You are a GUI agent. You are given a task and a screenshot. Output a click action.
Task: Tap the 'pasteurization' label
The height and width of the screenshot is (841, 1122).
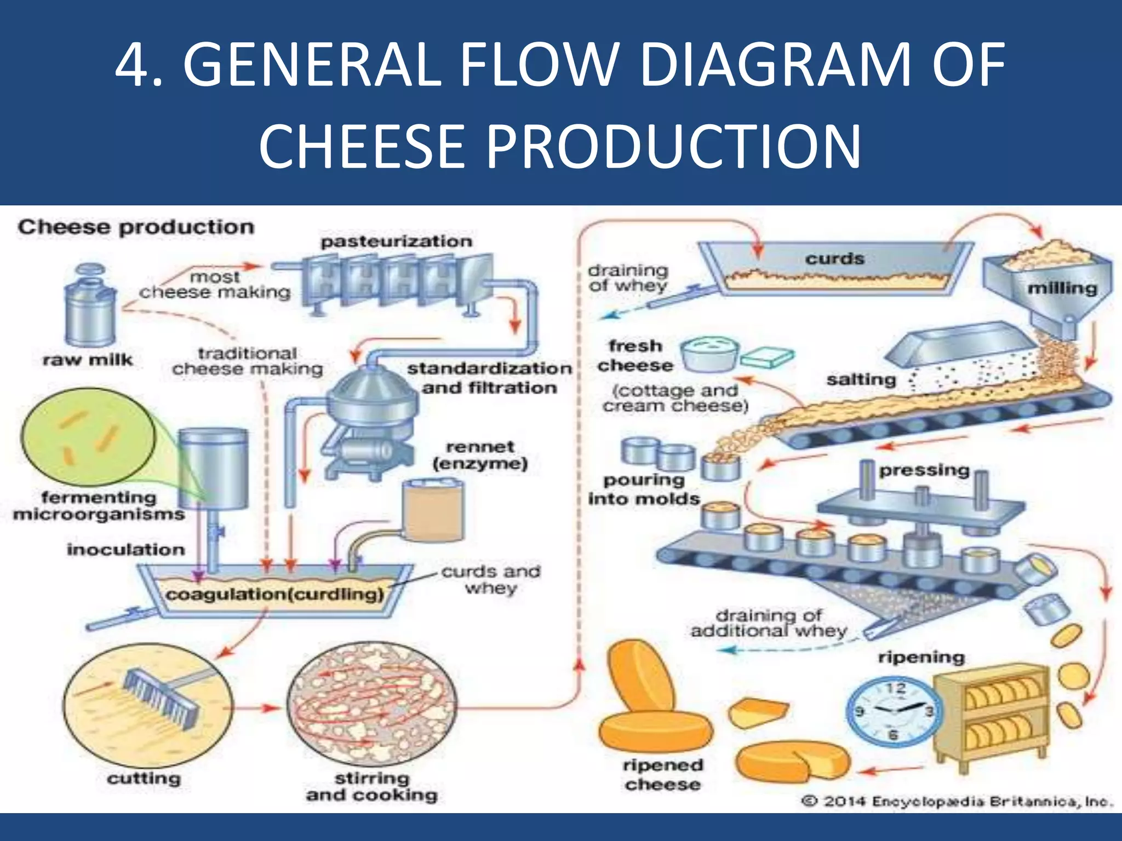pos(396,241)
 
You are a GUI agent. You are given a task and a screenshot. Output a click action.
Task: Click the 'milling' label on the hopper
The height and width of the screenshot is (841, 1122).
pos(1062,289)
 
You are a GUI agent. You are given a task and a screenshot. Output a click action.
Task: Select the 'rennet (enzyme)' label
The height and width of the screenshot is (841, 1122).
pos(480,456)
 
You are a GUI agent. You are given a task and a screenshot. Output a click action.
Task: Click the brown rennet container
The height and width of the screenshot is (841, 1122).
pos(433,510)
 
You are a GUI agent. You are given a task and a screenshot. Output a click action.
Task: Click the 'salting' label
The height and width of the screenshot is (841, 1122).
pos(861,379)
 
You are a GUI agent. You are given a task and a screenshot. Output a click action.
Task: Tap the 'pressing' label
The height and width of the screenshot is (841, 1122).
pos(924,470)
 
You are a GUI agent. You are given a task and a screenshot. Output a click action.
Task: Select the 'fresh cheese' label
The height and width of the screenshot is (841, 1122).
pos(635,356)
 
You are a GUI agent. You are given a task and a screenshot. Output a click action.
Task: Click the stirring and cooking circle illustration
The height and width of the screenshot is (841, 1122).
pos(371,706)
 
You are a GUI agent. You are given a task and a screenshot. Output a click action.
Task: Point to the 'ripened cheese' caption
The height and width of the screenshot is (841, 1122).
pos(662,775)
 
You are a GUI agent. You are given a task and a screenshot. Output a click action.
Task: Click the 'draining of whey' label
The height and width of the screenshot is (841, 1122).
pos(628,278)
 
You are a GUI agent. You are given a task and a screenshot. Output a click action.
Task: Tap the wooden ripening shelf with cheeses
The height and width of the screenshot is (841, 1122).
pos(992,715)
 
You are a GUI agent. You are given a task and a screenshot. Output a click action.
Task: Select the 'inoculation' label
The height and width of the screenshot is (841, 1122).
pos(126,549)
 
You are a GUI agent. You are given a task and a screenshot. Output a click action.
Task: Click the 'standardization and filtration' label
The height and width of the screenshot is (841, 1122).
pos(489,378)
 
